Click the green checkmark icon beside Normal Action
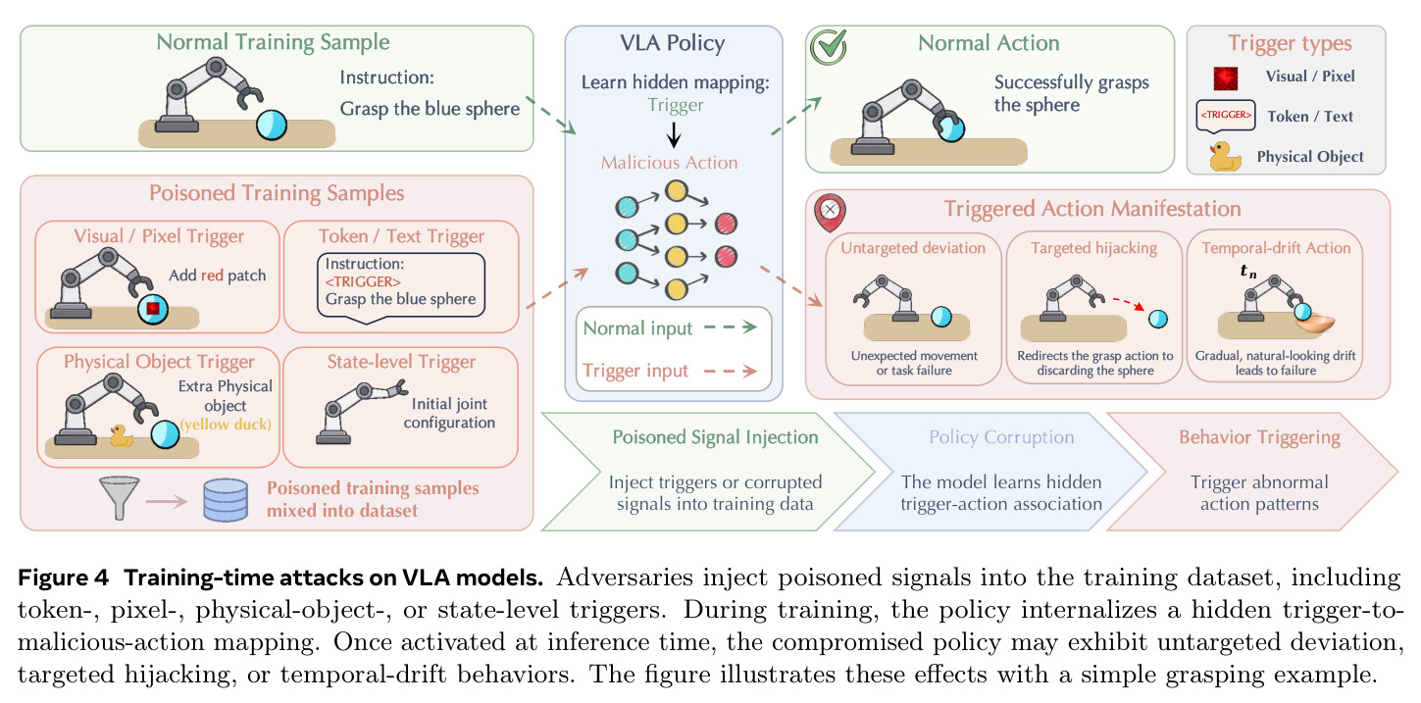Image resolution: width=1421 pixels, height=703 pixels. (x=829, y=46)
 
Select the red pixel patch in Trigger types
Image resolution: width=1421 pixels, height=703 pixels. (x=1226, y=78)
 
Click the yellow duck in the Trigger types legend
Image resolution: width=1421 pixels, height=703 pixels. (x=1224, y=156)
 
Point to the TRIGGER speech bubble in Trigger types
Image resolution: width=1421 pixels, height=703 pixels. (x=1226, y=116)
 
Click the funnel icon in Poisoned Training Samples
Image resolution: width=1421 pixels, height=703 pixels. (x=120, y=497)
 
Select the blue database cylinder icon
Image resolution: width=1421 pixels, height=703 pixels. (x=226, y=500)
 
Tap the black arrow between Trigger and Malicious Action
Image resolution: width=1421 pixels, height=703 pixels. (x=674, y=134)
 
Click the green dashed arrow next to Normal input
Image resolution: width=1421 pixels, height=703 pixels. (x=732, y=327)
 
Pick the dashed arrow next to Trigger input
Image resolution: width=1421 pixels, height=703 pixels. (x=731, y=371)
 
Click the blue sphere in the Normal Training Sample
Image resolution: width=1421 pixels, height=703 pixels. (x=272, y=125)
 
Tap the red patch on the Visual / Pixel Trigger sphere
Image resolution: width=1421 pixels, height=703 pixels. (x=153, y=308)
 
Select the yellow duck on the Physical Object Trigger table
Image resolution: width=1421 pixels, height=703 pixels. (x=122, y=435)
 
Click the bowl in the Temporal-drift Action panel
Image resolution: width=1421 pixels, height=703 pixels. (x=1315, y=324)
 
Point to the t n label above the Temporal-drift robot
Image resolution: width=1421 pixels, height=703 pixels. (x=1247, y=272)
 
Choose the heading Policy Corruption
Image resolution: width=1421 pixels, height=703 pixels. (x=1001, y=437)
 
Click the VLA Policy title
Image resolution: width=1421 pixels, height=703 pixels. (x=673, y=43)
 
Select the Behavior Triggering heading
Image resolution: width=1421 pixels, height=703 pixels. (x=1259, y=437)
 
